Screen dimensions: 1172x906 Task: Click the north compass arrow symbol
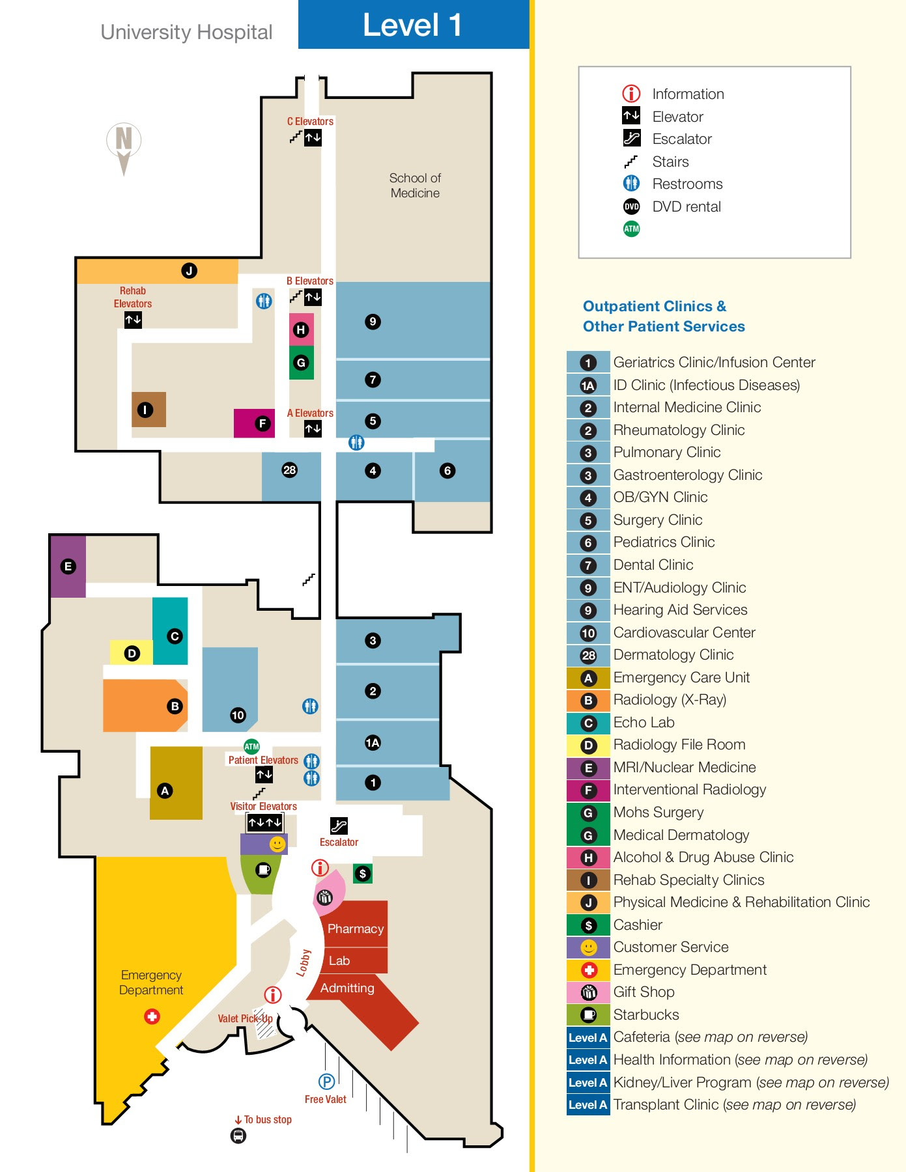(x=124, y=148)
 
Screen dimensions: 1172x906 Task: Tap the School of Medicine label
(x=415, y=186)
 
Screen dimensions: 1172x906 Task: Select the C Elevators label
(x=310, y=121)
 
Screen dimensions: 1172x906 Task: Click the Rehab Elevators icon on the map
(x=133, y=320)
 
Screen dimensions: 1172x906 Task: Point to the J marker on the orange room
(x=189, y=271)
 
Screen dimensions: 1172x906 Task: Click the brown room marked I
(x=149, y=410)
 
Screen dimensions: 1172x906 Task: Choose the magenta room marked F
(x=254, y=423)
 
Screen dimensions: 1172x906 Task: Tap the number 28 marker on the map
(x=289, y=470)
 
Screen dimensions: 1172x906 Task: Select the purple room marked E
(x=68, y=566)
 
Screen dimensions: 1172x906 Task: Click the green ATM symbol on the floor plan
(x=251, y=746)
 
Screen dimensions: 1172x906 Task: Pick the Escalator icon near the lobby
(x=339, y=826)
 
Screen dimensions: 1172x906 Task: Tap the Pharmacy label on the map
(x=355, y=928)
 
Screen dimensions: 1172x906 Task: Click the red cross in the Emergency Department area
(x=152, y=1016)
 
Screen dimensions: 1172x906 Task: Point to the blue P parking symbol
(x=326, y=1081)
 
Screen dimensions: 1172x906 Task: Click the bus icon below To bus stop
(x=238, y=1136)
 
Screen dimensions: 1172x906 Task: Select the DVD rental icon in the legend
(x=631, y=206)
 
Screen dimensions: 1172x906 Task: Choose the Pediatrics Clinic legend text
(x=664, y=542)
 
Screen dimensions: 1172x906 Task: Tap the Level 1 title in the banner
(x=412, y=25)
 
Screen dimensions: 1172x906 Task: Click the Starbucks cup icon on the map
(x=263, y=870)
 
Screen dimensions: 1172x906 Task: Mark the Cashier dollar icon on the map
(x=363, y=874)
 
